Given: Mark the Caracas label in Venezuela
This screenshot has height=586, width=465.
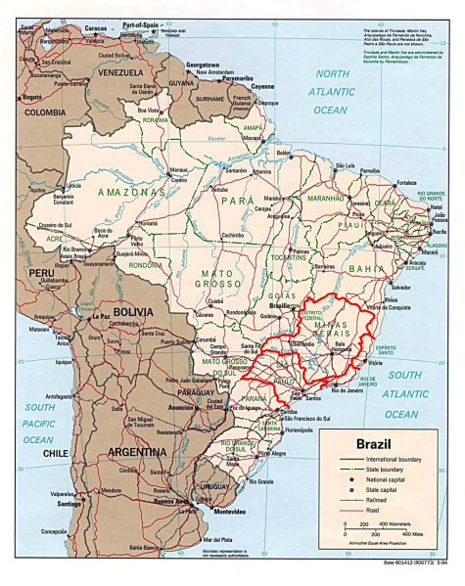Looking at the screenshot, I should pyautogui.click(x=94, y=30).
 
